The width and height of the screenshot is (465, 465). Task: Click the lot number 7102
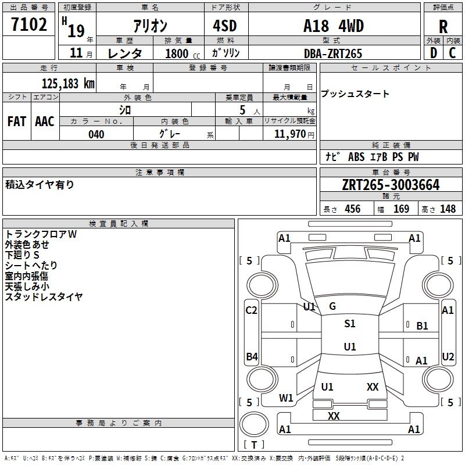click(29, 25)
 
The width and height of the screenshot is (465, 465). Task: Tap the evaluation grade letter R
click(443, 27)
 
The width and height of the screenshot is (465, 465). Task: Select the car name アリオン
click(149, 26)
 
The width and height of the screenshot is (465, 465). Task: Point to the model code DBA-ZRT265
click(332, 53)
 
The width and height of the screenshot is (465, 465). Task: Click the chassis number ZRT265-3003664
click(391, 185)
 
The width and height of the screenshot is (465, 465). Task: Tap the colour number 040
click(96, 134)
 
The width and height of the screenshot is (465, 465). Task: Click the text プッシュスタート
click(355, 94)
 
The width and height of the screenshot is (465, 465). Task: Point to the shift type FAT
click(16, 121)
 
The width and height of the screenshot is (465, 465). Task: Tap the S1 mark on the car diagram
click(350, 324)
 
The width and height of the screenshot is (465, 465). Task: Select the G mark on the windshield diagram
click(332, 306)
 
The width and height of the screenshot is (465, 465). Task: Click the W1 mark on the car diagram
click(286, 398)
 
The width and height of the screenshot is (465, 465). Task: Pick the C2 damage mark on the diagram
click(251, 310)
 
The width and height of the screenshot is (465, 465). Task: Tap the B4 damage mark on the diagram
click(252, 356)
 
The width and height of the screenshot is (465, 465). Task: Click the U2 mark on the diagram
click(448, 356)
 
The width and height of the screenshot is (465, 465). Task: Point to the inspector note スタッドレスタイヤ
click(44, 297)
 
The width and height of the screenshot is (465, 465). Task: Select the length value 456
click(352, 209)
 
